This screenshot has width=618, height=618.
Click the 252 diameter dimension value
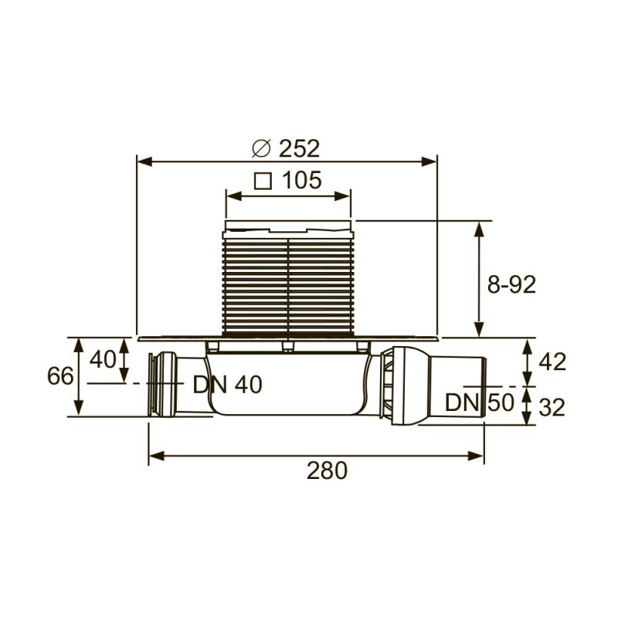click(x=299, y=148)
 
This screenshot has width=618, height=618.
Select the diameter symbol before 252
click(x=262, y=148)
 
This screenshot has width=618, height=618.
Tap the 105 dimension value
click(x=302, y=180)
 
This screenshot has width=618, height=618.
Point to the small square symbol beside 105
click(x=263, y=181)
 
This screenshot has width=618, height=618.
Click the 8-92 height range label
click(x=511, y=284)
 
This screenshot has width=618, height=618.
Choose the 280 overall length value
click(x=327, y=470)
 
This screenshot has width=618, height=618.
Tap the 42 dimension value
click(x=553, y=362)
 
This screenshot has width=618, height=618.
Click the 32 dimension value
click(x=552, y=407)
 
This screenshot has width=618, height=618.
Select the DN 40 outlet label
click(x=227, y=384)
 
